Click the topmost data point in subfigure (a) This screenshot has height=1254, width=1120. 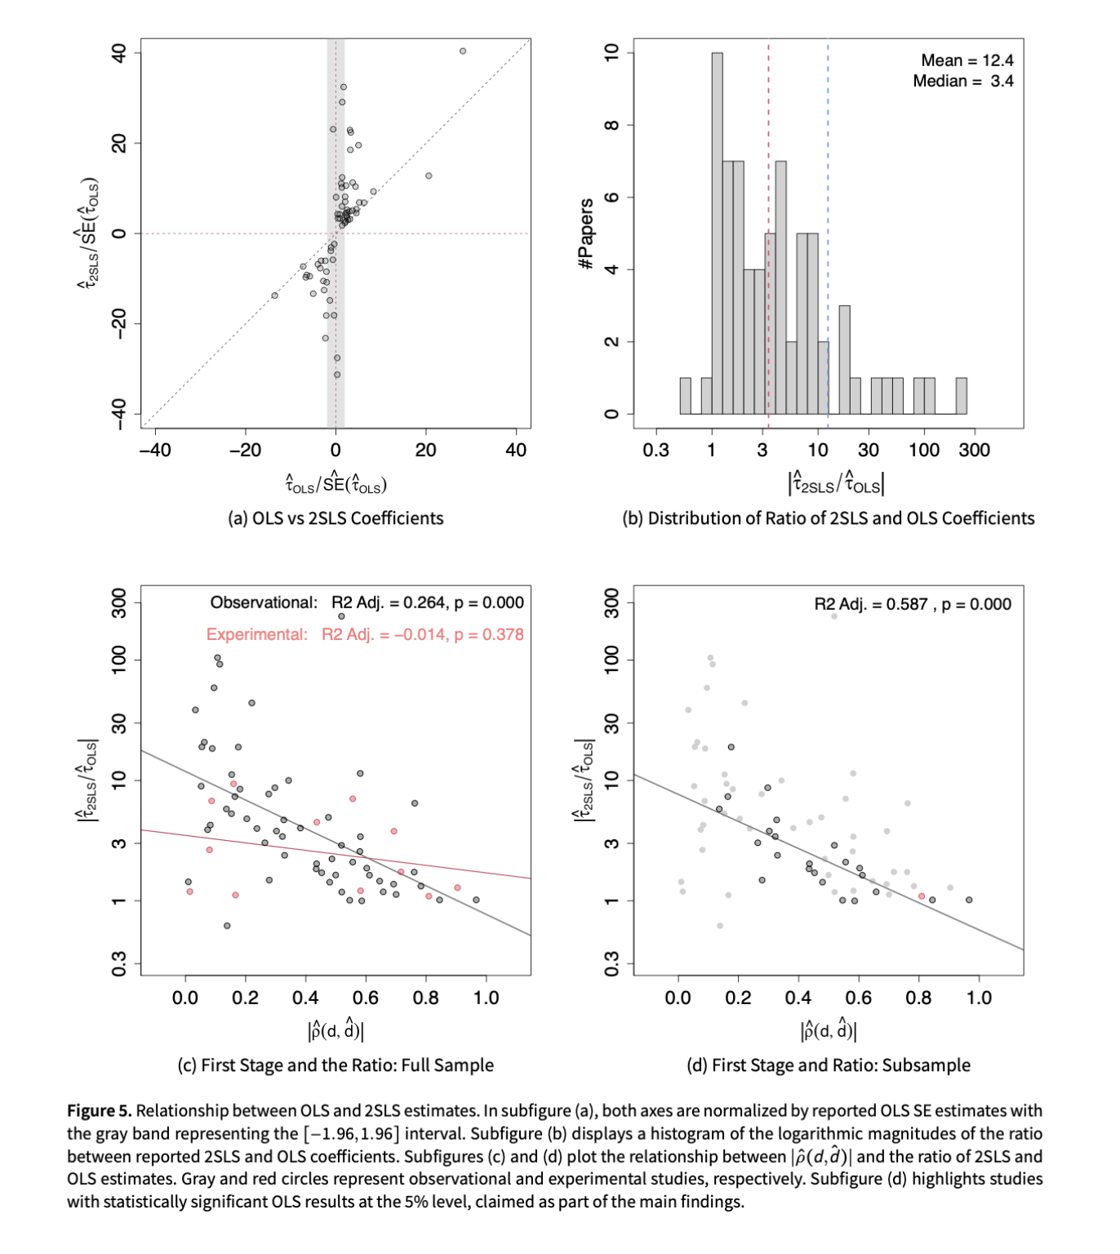point(463,51)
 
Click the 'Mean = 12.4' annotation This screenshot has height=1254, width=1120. point(967,60)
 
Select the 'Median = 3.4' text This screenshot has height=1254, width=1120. point(962,81)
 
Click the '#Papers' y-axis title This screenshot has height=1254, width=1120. point(585,233)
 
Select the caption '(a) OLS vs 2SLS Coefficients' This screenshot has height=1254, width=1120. point(336,518)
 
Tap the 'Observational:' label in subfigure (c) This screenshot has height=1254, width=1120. point(264,603)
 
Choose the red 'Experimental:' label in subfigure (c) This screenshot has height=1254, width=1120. point(257,634)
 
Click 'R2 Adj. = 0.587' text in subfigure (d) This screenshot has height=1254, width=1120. point(871,604)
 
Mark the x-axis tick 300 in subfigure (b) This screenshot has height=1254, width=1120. point(975,450)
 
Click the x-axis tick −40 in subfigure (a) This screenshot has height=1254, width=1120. point(154,450)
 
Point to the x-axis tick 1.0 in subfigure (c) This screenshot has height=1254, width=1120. point(486,998)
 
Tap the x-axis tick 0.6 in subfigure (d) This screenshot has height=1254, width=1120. point(859,998)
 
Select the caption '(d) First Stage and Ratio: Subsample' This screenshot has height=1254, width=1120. point(829,1065)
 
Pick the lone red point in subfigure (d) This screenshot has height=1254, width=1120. point(922,896)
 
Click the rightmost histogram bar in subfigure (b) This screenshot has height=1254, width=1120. point(962,396)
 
